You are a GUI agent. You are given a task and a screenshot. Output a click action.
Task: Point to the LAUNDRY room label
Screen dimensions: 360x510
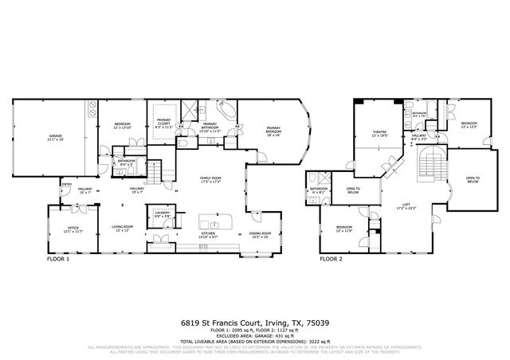click(x=163, y=213)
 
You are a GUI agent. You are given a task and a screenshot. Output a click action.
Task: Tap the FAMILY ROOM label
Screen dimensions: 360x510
click(x=210, y=179)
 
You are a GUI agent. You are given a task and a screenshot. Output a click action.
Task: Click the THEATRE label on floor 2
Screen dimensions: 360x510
click(x=379, y=134)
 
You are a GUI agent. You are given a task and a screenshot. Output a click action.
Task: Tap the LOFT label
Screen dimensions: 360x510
click(x=406, y=205)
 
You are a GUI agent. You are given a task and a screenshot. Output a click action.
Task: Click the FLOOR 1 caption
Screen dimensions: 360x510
click(x=58, y=259)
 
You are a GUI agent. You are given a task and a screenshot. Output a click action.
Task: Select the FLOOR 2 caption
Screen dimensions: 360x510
click(x=331, y=259)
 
